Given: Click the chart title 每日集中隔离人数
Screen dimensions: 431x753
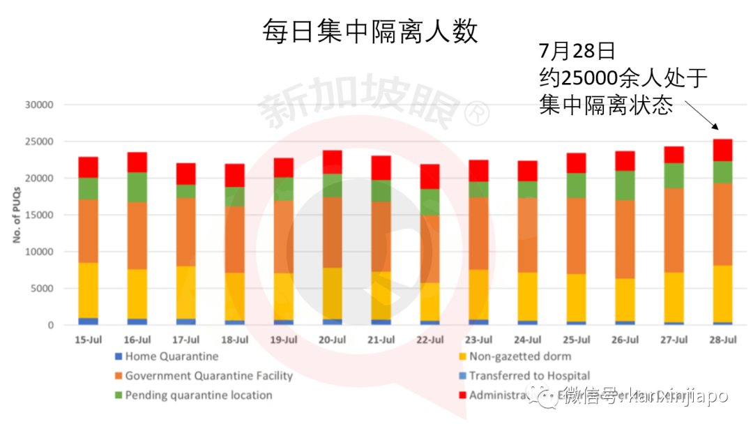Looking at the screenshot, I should [370, 31].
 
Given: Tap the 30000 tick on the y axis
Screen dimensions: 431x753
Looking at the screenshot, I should [39, 105].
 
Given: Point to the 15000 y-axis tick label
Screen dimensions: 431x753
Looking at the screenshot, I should [39, 215].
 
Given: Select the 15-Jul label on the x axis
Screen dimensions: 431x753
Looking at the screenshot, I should [88, 340].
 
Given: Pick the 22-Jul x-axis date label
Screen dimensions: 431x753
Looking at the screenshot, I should [429, 340].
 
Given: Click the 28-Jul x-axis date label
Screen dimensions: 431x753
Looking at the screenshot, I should [722, 340].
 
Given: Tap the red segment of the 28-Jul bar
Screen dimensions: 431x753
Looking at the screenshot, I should [722, 150].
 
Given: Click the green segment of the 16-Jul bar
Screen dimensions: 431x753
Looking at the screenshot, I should [137, 187].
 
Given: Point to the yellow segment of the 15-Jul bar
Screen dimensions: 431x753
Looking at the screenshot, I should [88, 290].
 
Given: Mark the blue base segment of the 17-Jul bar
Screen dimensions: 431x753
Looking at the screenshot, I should [185, 322].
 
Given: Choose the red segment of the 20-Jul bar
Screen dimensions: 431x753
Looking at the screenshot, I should [332, 162].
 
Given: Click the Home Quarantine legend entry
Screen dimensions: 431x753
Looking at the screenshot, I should [172, 356].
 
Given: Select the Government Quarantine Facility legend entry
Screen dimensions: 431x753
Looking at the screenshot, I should [208, 376].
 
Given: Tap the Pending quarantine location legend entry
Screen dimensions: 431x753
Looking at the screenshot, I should [198, 395].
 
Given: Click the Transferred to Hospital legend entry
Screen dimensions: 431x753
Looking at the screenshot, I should [528, 376].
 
